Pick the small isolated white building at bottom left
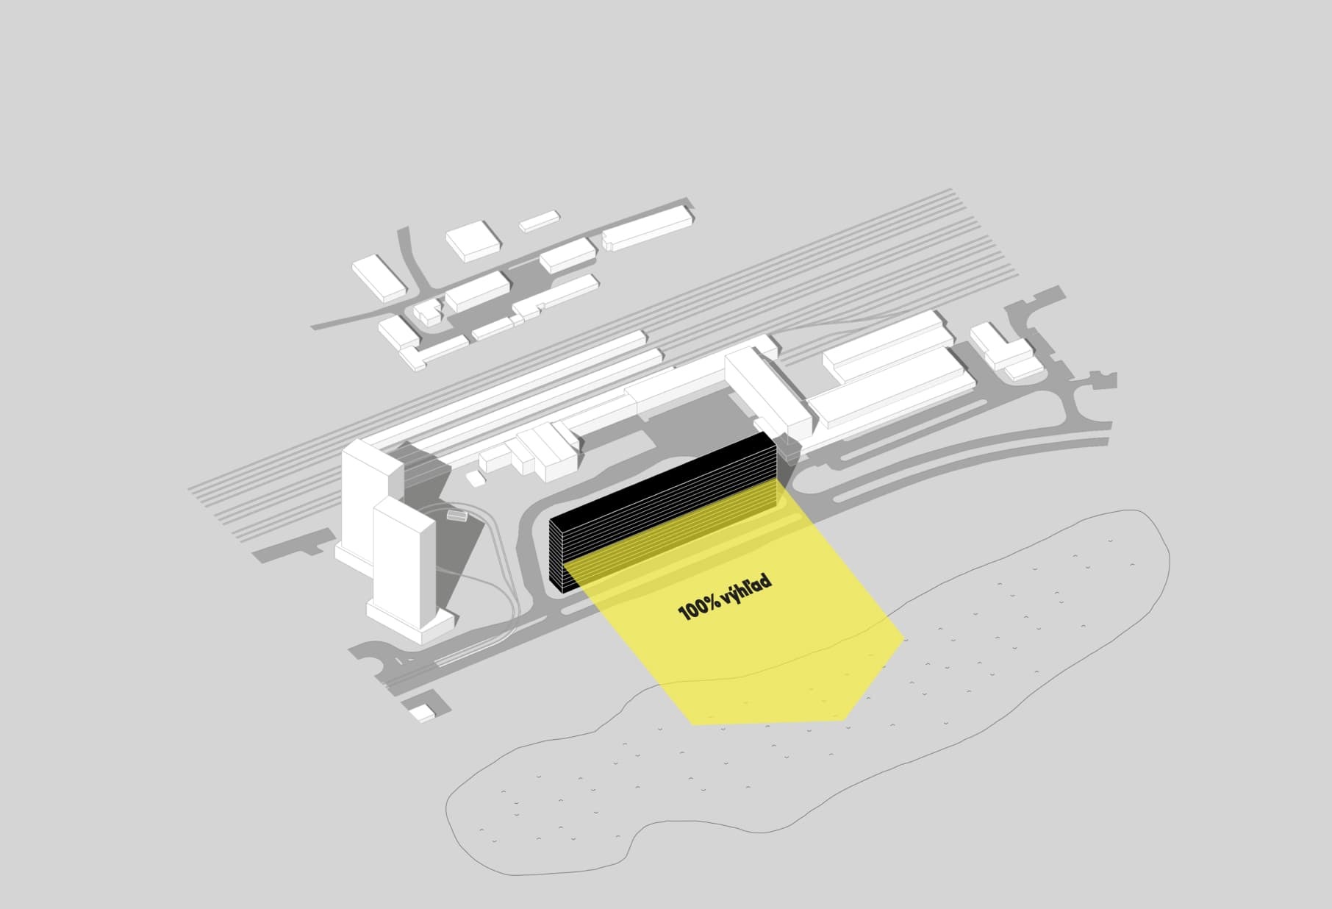click(x=421, y=712)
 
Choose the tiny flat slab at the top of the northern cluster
click(x=539, y=221)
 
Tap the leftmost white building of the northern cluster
click(x=379, y=279)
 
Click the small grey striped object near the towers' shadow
click(x=456, y=516)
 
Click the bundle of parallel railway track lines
click(x=559, y=346)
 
